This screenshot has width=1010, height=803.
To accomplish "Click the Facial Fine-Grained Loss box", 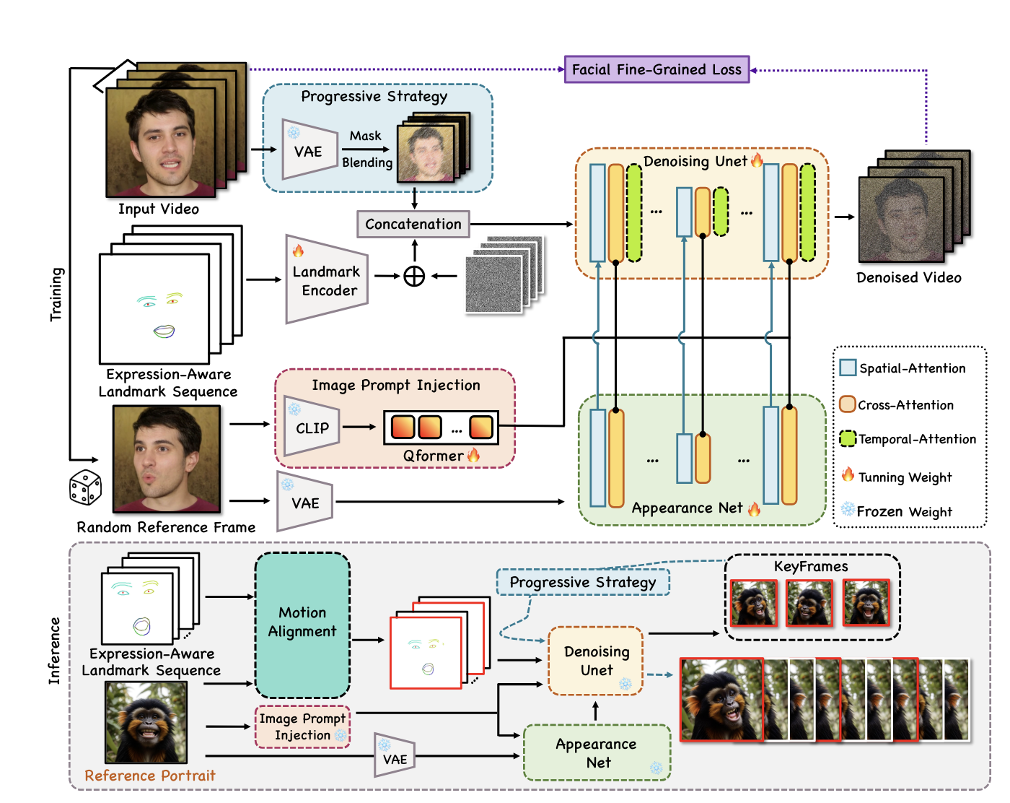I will (656, 69).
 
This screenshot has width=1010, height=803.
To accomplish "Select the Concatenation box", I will (413, 224).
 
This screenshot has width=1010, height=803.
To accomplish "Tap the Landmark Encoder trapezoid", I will (326, 280).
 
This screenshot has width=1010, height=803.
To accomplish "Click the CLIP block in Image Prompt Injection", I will (311, 427).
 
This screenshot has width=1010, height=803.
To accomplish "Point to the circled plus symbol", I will (414, 276).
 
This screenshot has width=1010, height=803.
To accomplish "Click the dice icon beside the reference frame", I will (85, 487).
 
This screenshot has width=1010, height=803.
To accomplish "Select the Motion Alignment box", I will (302, 622).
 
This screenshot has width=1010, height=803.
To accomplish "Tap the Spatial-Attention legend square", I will (848, 368).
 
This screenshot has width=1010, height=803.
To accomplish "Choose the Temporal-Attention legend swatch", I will (848, 438).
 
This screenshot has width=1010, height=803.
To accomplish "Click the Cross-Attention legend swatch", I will (848, 404).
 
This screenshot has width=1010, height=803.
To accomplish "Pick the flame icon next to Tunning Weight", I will (848, 475).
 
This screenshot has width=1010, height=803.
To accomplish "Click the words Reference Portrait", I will (150, 776).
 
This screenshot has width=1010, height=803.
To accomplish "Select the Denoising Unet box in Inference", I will (596, 661).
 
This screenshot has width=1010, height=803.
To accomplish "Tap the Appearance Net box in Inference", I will (597, 753).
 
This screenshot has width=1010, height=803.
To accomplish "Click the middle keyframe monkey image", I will (809, 603).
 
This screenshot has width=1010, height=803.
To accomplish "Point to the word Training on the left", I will (56, 294).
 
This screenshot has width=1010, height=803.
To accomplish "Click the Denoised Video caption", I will (908, 278).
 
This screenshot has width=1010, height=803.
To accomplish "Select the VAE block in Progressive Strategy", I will (309, 150).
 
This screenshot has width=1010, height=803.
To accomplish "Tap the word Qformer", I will (433, 456).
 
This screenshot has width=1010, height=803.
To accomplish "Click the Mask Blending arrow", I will (366, 149).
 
